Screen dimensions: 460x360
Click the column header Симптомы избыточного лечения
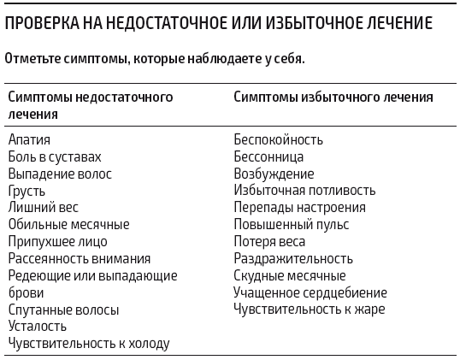(333, 97)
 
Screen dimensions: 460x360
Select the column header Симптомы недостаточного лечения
(91, 104)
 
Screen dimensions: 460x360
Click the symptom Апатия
(30, 139)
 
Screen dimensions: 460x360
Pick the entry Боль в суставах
(55, 156)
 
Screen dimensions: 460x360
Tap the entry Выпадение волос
(60, 174)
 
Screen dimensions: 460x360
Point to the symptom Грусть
(27, 191)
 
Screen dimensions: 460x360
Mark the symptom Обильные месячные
(68, 224)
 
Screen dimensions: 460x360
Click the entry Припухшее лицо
(58, 241)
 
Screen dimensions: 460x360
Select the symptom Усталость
(38, 326)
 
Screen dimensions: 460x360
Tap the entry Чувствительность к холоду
(89, 343)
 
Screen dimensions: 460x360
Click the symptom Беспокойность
(279, 139)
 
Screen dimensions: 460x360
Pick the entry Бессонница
(268, 156)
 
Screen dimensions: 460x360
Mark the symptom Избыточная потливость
(304, 191)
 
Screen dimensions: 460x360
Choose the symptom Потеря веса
(269, 241)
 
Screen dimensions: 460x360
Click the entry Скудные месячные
(290, 275)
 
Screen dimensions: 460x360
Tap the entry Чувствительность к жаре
(310, 309)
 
